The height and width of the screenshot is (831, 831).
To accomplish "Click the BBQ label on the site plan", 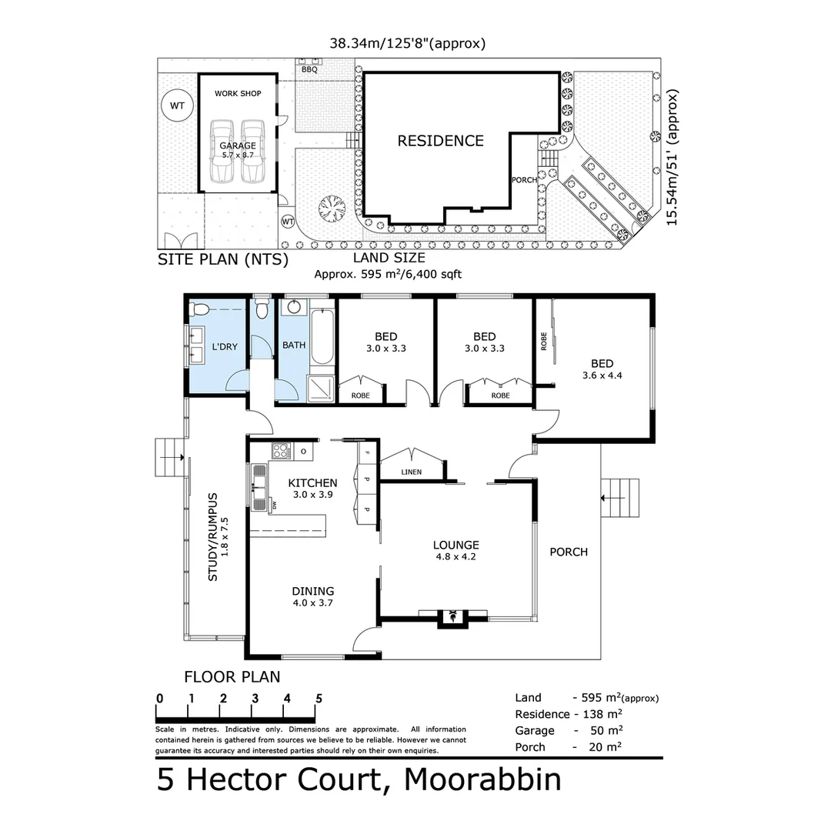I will click(309, 69).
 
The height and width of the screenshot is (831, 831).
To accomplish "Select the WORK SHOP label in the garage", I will click(237, 94).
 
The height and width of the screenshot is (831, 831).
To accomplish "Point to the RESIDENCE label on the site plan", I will click(440, 141).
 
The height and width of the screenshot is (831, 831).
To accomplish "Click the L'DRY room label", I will click(224, 347).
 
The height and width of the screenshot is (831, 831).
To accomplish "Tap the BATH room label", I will click(293, 345).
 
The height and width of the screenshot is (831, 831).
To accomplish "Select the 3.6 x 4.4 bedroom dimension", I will click(602, 376).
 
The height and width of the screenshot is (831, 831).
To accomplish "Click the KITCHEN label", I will click(312, 482).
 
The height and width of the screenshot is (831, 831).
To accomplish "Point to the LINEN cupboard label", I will click(411, 472).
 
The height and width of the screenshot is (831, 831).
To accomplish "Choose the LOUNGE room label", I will click(456, 545).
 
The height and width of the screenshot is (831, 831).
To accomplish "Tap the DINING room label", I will click(312, 591).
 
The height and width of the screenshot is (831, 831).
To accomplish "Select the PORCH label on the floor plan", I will click(568, 552).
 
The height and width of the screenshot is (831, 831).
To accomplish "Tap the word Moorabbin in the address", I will click(482, 779).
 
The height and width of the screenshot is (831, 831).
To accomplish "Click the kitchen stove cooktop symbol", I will click(281, 452).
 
